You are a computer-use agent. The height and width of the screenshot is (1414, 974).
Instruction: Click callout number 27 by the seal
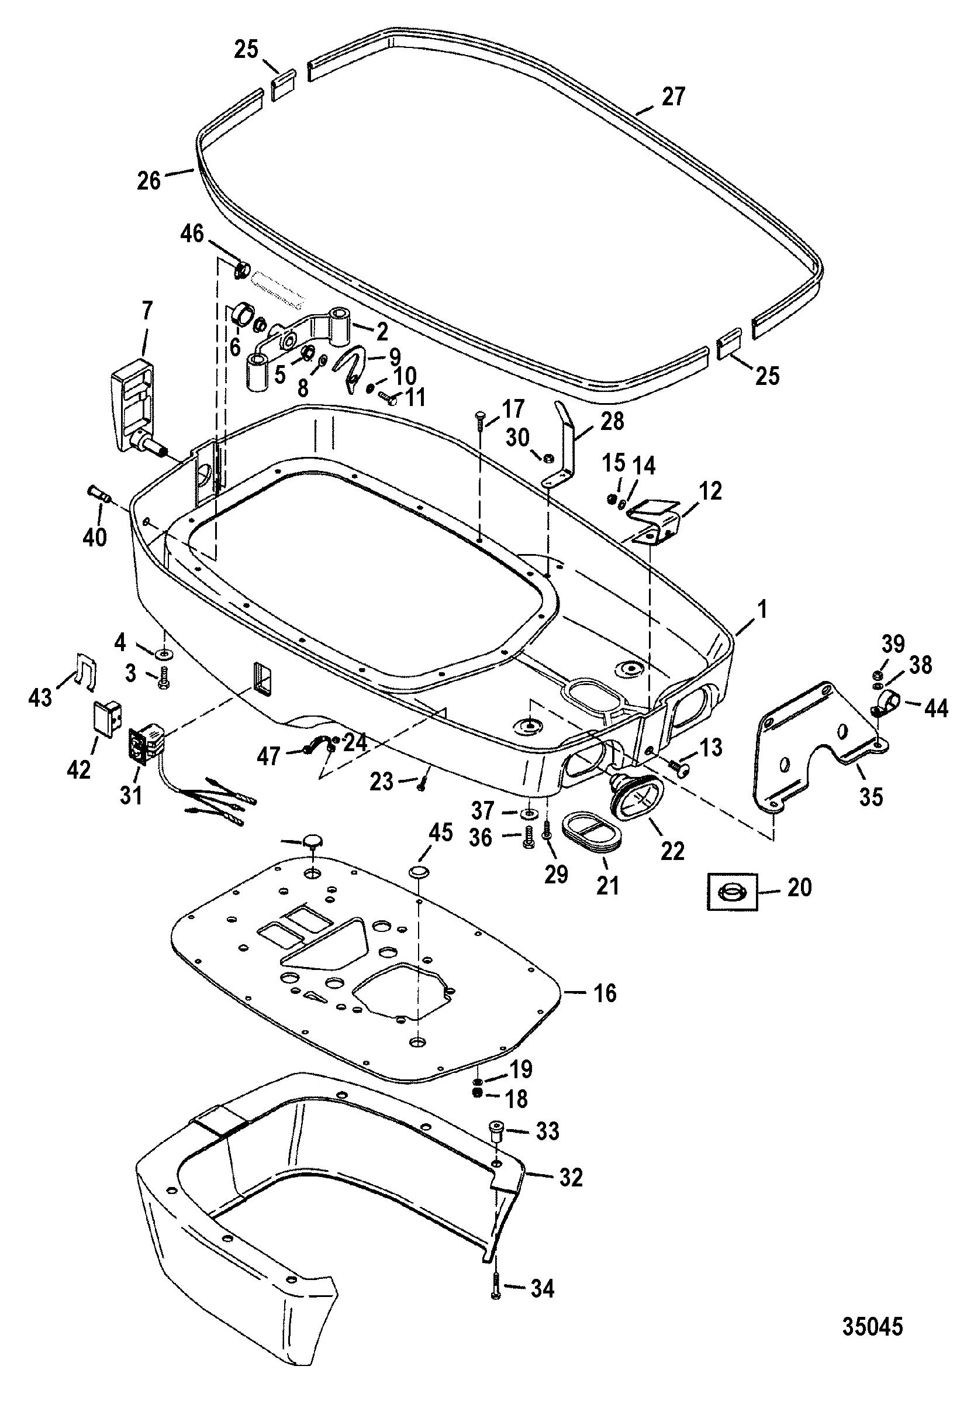point(673,97)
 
